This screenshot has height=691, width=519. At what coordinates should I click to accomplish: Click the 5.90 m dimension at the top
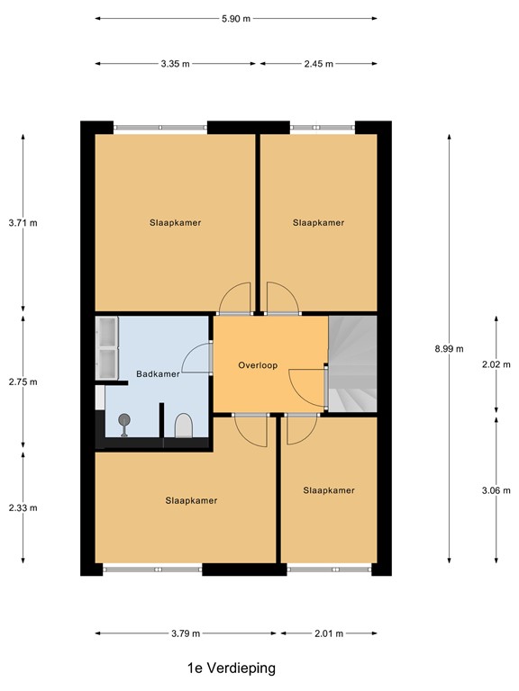click(235, 18)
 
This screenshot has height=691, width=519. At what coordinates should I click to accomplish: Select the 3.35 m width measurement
click(177, 64)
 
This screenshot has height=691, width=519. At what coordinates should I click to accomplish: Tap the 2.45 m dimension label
click(317, 64)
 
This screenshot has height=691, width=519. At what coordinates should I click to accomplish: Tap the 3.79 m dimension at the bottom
click(187, 633)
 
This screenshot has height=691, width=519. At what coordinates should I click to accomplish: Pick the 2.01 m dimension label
click(328, 633)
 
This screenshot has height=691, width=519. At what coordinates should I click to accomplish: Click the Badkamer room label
click(158, 374)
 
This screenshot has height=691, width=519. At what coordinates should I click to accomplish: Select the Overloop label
click(258, 365)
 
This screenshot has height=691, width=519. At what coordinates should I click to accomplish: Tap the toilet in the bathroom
click(183, 426)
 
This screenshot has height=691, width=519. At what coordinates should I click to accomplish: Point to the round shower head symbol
click(123, 418)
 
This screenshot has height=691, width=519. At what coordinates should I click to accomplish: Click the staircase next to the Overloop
click(352, 364)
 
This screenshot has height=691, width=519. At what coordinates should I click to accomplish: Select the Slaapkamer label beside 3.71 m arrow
click(175, 222)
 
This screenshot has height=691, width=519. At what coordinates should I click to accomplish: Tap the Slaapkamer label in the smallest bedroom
click(328, 490)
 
